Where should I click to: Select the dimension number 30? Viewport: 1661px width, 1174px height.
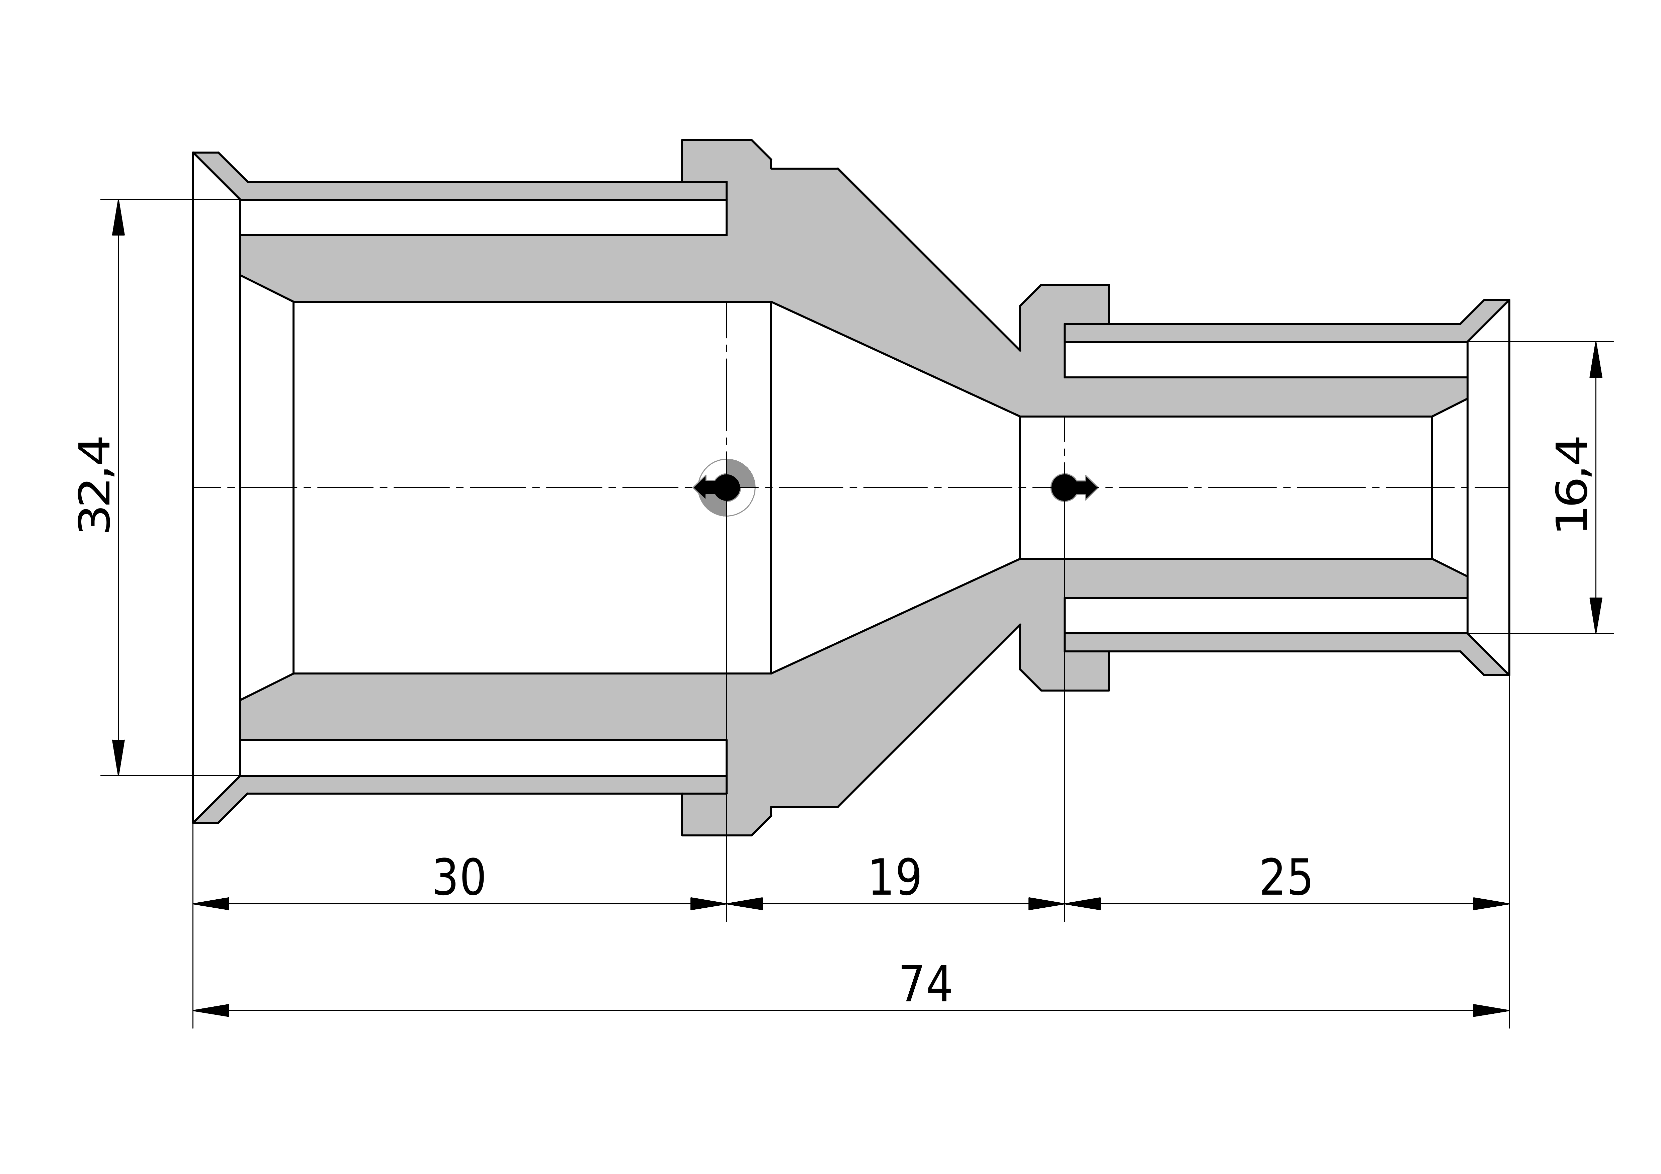coord(459,878)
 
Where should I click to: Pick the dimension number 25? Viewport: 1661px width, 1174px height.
coord(1285,878)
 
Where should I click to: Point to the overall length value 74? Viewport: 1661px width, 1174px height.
coord(925,985)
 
